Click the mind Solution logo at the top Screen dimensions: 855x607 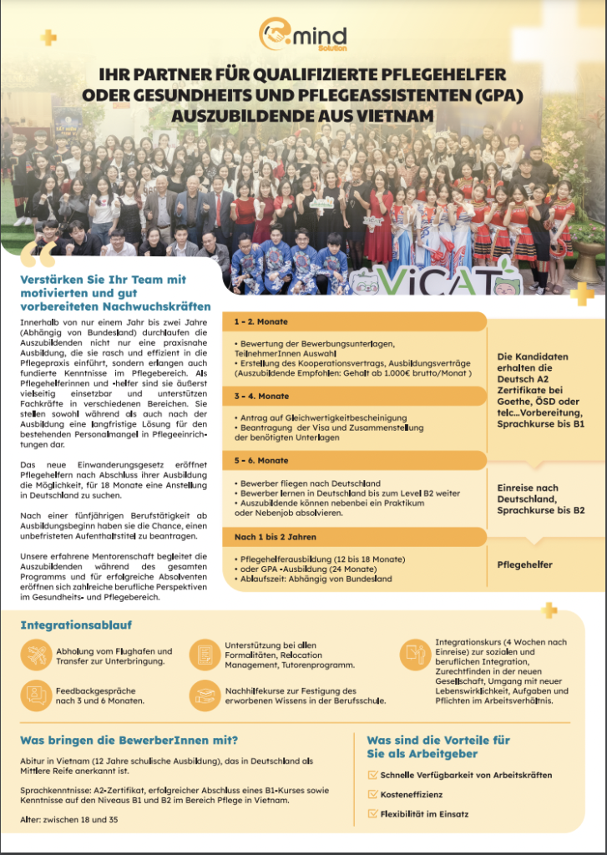click(x=302, y=37)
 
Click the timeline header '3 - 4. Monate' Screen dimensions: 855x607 click(x=262, y=395)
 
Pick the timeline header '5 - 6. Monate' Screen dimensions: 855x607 click(x=262, y=461)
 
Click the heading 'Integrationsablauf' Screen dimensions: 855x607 click(x=76, y=625)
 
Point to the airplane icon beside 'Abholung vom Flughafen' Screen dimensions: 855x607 click(x=38, y=656)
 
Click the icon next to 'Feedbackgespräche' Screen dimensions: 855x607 click(x=38, y=696)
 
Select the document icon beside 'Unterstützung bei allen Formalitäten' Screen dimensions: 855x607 click(x=205, y=655)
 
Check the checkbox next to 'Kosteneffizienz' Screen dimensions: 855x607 click(x=372, y=794)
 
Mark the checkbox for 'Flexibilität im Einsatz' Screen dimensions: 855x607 click(x=372, y=813)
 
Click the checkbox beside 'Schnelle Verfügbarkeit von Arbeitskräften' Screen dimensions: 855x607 click(x=372, y=775)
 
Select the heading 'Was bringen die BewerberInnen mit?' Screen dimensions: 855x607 click(x=129, y=740)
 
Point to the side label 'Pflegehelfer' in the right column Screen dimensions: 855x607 click(x=524, y=564)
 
